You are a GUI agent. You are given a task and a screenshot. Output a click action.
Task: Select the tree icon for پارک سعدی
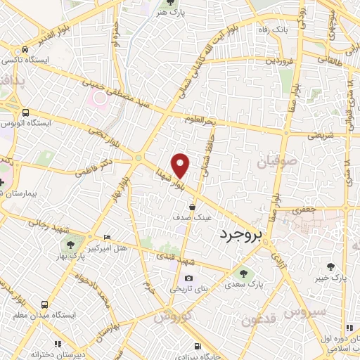[x=243, y=274]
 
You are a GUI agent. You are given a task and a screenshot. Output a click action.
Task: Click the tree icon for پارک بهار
[x=70, y=243]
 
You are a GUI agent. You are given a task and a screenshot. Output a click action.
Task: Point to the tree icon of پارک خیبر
[x=330, y=265]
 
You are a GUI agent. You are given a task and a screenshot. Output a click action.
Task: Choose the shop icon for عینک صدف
[x=192, y=207]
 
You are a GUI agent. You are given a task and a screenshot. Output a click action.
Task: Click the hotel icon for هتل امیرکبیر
[x=107, y=237]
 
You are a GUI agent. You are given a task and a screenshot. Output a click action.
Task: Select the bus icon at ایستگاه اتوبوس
[x=25, y=112]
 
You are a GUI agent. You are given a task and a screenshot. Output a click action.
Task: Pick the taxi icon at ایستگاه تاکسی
[x=25, y=49]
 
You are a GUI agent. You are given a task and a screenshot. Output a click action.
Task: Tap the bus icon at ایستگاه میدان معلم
[x=45, y=304]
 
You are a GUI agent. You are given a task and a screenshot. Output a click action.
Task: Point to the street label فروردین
[x=279, y=60]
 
